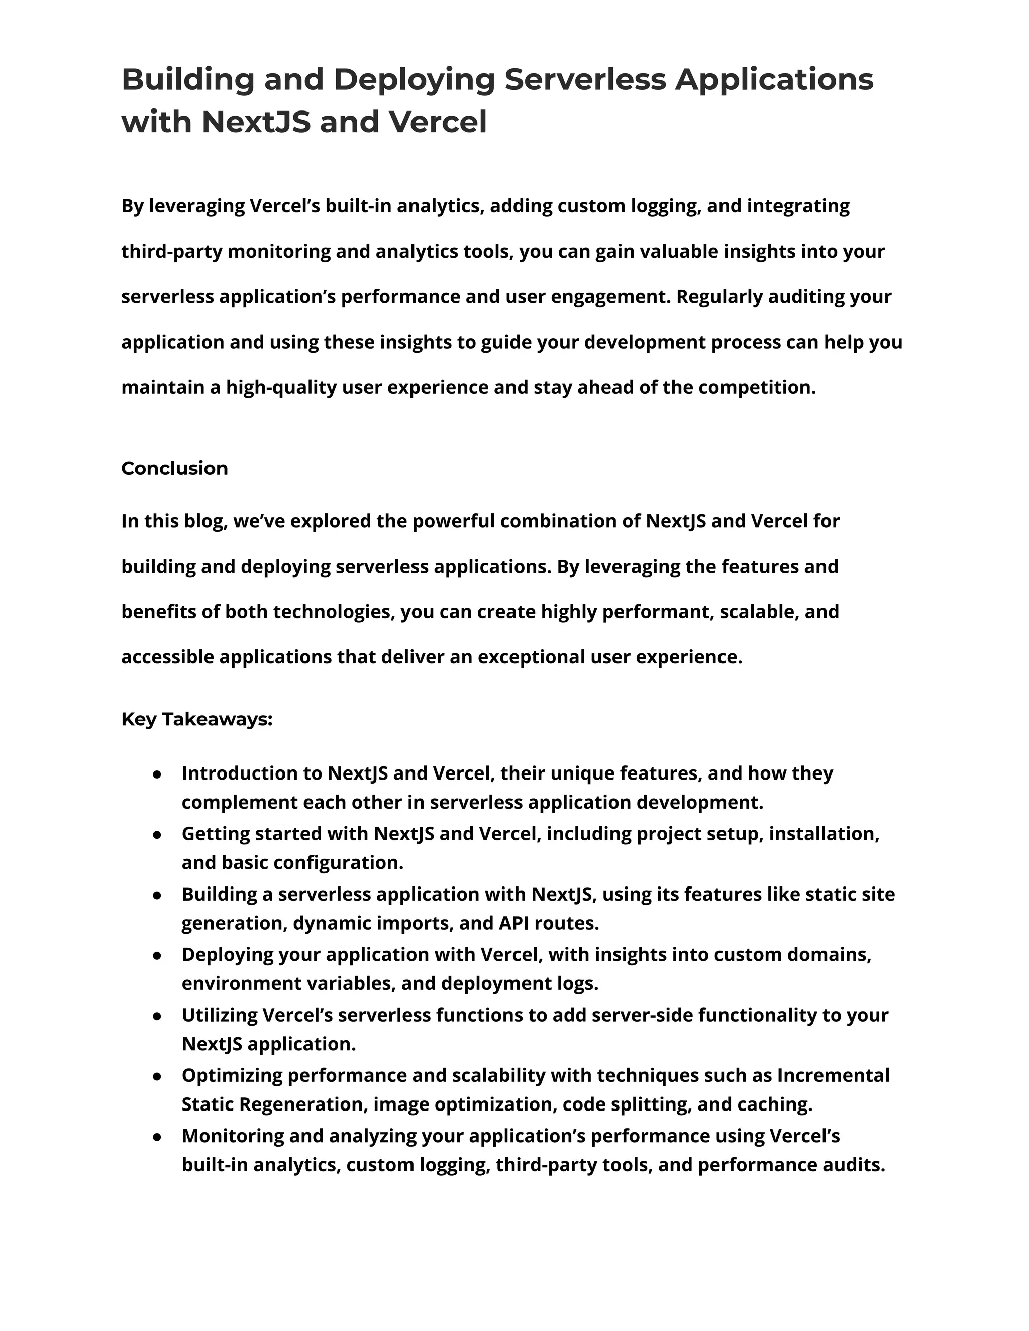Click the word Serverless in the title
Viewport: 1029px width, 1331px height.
[x=585, y=80]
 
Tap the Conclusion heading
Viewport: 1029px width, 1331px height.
[x=174, y=468]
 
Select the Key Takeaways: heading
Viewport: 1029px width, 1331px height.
[x=196, y=719]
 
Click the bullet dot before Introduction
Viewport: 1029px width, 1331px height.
[x=157, y=774]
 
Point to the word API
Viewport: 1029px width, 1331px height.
[x=513, y=923]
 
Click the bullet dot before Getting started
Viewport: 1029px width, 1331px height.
[x=157, y=835]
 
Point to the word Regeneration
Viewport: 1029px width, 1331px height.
[x=288, y=1104]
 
